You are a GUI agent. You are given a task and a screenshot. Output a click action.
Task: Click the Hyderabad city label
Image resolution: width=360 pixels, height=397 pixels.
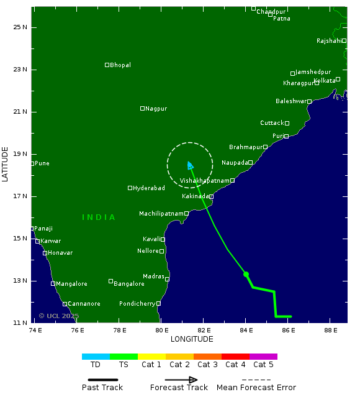pos(149,188)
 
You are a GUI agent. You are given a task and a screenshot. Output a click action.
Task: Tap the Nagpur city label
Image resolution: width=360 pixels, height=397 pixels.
pos(156,109)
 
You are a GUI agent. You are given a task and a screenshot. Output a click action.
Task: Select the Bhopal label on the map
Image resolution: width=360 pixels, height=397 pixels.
pos(120,65)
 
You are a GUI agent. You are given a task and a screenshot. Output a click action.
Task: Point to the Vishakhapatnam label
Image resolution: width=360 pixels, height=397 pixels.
pos(204,181)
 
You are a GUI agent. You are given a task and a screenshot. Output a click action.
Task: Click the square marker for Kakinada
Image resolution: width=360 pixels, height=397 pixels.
pos(211,196)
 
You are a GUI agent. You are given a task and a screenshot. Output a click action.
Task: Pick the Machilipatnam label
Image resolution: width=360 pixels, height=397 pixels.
pos(161,214)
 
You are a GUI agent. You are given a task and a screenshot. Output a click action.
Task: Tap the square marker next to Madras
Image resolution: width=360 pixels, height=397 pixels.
pos(167,280)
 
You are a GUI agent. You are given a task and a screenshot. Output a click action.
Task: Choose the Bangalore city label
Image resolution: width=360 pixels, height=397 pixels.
pos(129,284)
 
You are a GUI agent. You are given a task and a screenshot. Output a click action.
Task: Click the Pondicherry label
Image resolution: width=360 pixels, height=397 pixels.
pos(137,304)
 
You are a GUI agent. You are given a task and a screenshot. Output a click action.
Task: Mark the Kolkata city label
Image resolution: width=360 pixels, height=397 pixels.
pos(325,81)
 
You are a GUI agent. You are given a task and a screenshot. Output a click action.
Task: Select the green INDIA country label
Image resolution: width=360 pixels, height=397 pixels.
pos(99,217)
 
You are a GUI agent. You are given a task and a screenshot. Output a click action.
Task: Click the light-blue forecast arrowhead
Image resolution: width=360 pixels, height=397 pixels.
pos(190,165)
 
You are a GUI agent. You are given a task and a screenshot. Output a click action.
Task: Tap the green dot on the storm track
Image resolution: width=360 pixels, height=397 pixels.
pos(246,274)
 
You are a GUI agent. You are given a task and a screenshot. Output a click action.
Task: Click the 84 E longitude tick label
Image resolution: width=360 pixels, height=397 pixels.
pos(246,329)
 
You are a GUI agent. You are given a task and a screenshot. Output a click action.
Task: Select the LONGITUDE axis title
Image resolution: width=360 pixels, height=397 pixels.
pos(192,339)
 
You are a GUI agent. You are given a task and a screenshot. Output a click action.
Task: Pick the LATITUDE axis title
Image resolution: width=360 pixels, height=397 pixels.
pos(6,164)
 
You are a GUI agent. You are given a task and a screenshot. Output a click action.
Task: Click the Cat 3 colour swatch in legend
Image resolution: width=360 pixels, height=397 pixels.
pos(207,357)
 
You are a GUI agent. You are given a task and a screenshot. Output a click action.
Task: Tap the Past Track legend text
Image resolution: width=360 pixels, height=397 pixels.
pos(102,388)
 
